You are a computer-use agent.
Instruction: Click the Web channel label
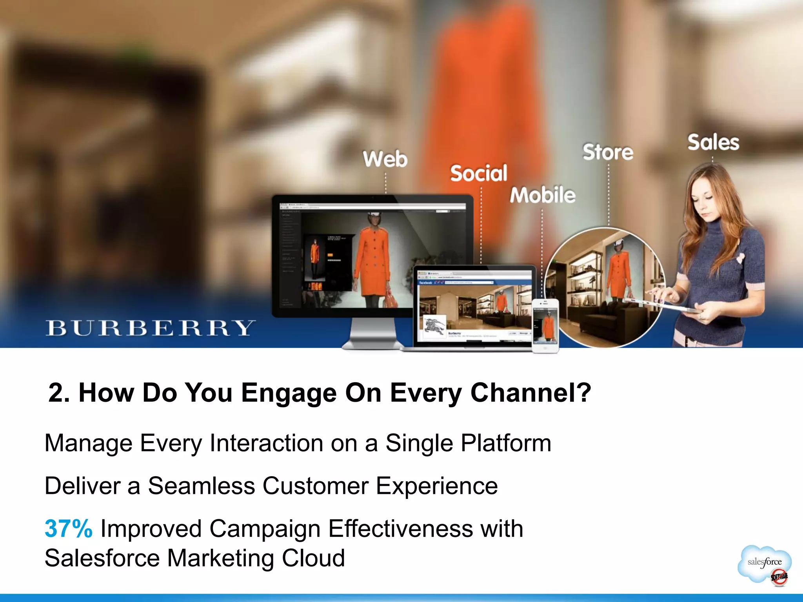[x=385, y=159]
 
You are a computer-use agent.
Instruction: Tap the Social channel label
[x=478, y=173]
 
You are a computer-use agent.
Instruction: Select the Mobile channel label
[x=543, y=195]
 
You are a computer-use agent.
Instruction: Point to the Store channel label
[x=608, y=152]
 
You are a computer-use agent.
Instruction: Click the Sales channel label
[x=713, y=142]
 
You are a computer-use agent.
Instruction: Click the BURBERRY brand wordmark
[x=150, y=328]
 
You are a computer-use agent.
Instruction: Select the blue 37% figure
[x=69, y=529]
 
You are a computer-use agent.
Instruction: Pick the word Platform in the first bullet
[x=506, y=443]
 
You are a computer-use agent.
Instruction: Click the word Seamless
[x=201, y=486]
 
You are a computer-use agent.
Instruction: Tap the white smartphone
[x=545, y=325]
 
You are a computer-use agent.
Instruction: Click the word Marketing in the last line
[x=220, y=558]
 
